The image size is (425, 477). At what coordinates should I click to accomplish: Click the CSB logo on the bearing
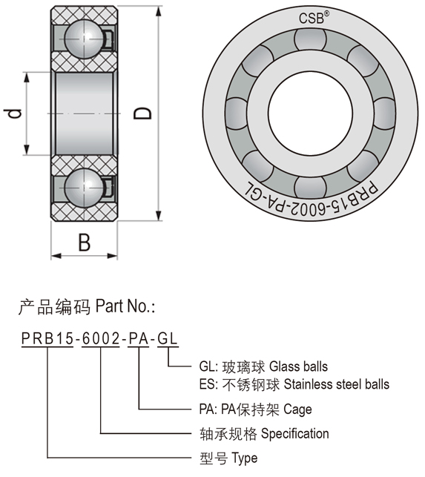tap(314, 18)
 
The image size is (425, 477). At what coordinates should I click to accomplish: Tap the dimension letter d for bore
tap(13, 114)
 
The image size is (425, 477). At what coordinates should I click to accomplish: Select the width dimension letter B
tap(85, 243)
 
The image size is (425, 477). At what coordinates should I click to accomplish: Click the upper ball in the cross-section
tap(85, 39)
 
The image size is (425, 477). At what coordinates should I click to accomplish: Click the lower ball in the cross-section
tap(85, 188)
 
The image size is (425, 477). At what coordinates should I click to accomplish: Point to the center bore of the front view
tap(310, 114)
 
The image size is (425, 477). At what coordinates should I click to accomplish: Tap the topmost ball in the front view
tap(310, 39)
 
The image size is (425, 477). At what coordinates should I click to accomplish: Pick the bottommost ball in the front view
tap(310, 186)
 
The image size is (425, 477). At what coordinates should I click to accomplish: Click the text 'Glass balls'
tap(298, 366)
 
